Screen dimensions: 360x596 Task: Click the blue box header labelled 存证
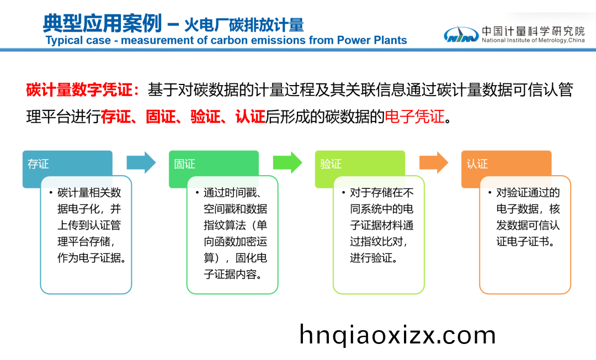(39, 164)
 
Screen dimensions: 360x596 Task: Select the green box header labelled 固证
(185, 164)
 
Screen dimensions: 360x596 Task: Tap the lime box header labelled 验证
(331, 164)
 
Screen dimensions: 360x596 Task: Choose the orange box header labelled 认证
(477, 164)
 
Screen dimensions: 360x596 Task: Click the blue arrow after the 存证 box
(141, 162)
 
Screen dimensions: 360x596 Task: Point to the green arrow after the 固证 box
(288, 162)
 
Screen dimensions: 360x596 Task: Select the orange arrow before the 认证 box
(434, 162)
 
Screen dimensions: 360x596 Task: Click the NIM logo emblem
(461, 34)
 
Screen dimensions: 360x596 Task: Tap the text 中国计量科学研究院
(533, 31)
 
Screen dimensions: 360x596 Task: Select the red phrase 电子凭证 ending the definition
(414, 117)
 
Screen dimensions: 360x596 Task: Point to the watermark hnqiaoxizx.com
(397, 335)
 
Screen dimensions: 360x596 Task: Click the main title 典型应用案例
(102, 23)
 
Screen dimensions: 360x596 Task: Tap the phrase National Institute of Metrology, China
(533, 40)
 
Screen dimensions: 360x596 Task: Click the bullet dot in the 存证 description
(50, 193)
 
